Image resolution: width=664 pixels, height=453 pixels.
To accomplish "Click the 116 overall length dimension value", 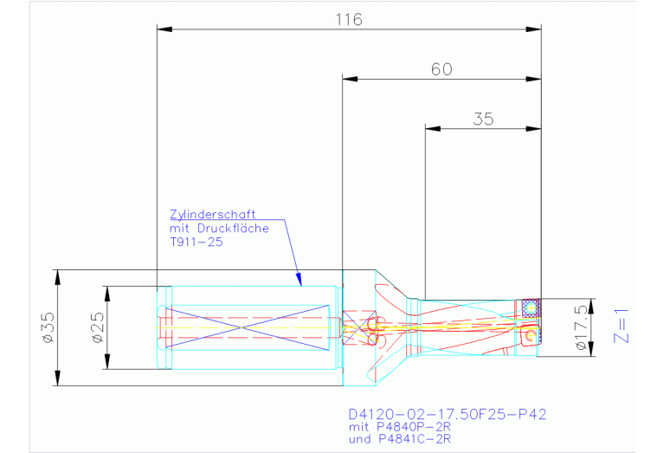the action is pos(349,20).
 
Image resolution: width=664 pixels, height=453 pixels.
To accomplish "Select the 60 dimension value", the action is pos(442,69).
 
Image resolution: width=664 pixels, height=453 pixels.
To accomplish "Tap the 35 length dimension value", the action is pos(483,119).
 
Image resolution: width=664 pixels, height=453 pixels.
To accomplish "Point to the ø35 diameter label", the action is pos(48,327).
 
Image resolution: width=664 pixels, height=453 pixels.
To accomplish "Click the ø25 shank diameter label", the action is pos(98,327).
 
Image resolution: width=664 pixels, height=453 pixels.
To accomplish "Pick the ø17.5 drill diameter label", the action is pos(583,327).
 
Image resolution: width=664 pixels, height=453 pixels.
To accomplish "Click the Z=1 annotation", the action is pos(621,326).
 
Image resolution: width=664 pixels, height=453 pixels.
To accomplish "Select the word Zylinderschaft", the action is pos(213,215).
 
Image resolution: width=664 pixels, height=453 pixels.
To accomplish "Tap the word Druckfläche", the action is pos(233,229).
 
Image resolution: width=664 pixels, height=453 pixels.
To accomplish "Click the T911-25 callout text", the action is pos(196,242).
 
